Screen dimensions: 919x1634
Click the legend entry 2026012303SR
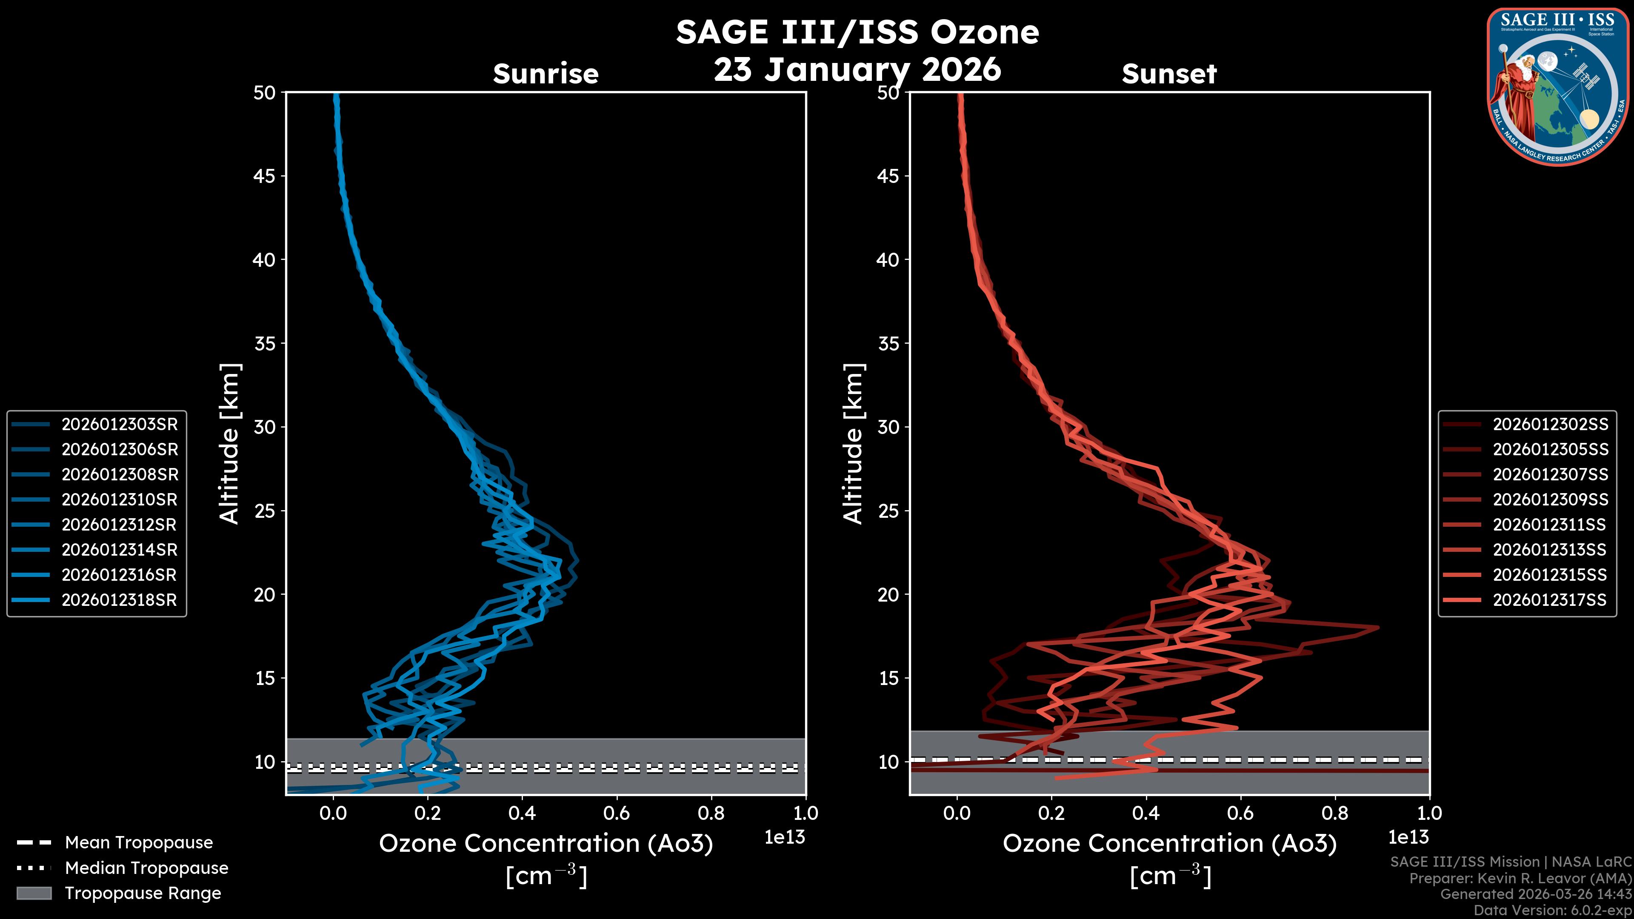[119, 424]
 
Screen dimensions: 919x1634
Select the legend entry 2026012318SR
[119, 600]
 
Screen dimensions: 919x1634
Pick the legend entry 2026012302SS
[1550, 424]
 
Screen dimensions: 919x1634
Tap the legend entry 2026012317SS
[1550, 600]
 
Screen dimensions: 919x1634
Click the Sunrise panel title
[546, 74]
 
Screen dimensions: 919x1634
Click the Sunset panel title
[1169, 74]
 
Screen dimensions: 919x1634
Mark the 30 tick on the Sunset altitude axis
[888, 427]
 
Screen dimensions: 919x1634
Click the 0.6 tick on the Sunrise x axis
[617, 813]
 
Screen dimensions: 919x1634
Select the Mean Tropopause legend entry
[138, 843]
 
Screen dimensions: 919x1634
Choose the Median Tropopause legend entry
[146, 868]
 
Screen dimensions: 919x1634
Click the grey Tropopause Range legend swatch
[34, 893]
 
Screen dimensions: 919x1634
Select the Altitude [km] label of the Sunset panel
[853, 444]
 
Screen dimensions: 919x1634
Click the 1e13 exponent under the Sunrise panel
[785, 838]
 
